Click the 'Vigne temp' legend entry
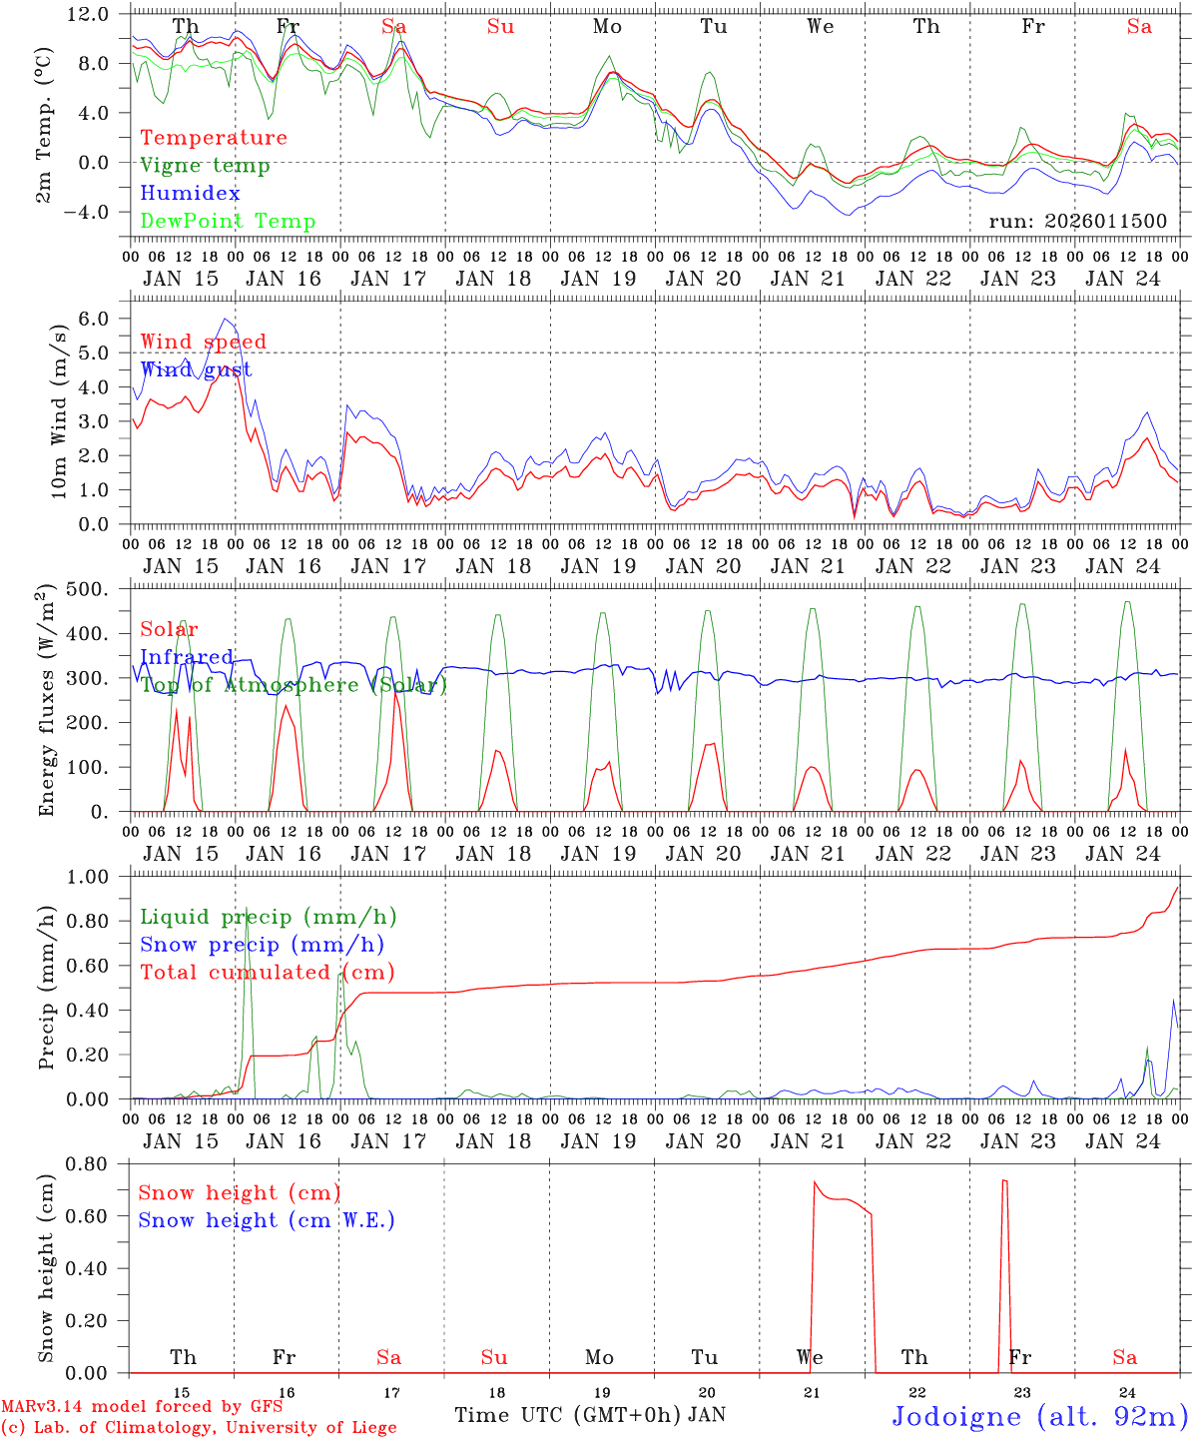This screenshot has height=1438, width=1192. pyautogui.click(x=205, y=166)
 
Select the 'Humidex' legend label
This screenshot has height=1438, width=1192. pyautogui.click(x=190, y=194)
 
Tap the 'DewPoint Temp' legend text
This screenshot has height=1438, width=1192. pyautogui.click(x=228, y=222)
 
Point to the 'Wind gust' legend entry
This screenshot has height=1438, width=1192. pyautogui.click(x=196, y=369)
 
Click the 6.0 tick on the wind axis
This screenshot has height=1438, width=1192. pyautogui.click(x=101, y=319)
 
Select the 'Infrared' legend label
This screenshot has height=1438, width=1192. pyautogui.click(x=187, y=657)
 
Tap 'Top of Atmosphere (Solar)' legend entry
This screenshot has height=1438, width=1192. pyautogui.click(x=294, y=685)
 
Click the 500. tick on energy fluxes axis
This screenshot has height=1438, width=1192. pyautogui.click(x=99, y=589)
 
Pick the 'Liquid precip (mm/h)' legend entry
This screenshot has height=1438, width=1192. pyautogui.click(x=269, y=917)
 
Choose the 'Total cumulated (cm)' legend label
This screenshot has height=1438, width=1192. pyautogui.click(x=268, y=972)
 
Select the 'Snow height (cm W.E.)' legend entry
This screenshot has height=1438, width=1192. pyautogui.click(x=267, y=1220)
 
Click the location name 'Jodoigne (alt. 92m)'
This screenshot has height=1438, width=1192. pyautogui.click(x=1038, y=1416)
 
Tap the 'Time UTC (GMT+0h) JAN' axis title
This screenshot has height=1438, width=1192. pyautogui.click(x=590, y=1415)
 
